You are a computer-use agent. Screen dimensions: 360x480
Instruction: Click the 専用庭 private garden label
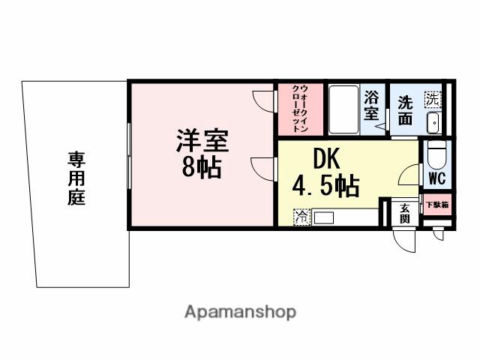point(76,178)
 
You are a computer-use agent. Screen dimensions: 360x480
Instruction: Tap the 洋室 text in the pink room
point(202,142)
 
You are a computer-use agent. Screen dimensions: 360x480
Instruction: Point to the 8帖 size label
point(202,168)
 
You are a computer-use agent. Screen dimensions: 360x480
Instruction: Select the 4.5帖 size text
point(325,184)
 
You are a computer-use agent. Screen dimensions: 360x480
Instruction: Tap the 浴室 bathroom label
point(372,106)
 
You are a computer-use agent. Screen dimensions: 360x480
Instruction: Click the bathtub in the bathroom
point(343,109)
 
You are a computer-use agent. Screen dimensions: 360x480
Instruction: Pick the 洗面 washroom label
point(405,110)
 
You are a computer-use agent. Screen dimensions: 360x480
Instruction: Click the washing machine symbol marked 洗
point(433,97)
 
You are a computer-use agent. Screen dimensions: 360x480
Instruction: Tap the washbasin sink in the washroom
point(433,121)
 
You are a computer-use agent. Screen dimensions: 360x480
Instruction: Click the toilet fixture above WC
point(436,157)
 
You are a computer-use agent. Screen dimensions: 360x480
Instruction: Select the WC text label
point(436,178)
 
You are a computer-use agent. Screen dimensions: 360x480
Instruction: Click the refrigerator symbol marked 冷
point(301,217)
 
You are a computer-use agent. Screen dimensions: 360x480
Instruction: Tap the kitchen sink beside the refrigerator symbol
point(323,217)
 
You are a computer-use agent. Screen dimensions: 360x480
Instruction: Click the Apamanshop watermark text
point(240,311)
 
